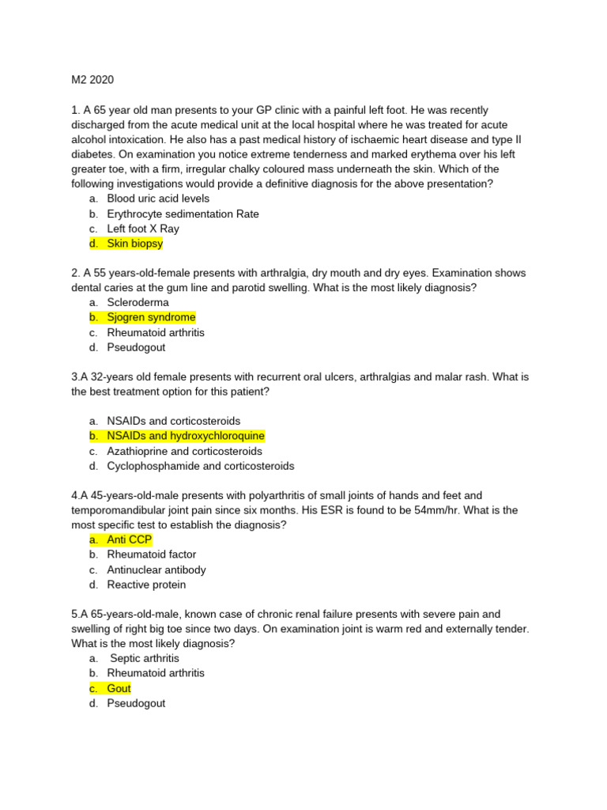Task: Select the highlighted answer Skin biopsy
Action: pos(134,244)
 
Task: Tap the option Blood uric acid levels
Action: pos(158,199)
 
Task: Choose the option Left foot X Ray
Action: pos(143,229)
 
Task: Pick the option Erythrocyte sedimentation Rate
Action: pos(183,214)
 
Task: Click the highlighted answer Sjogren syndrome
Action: pos(151,317)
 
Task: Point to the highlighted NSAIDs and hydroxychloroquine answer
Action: pos(186,436)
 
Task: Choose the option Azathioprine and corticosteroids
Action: pos(184,451)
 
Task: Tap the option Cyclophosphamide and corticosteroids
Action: pos(200,466)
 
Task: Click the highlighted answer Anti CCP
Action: pos(129,539)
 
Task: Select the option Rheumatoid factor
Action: pos(151,555)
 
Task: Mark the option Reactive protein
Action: pos(146,585)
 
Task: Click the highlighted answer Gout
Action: pos(119,688)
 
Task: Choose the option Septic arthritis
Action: pos(145,658)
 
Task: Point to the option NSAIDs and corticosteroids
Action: pos(173,421)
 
